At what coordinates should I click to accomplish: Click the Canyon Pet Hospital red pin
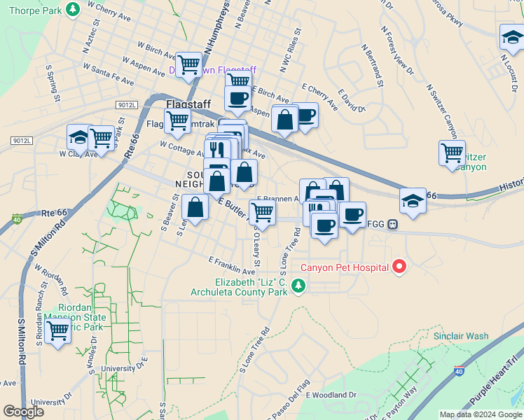point(399,267)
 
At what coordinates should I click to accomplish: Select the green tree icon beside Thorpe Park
point(72,9)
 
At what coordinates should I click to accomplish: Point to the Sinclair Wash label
point(460,336)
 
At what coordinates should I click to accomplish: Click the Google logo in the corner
point(23,412)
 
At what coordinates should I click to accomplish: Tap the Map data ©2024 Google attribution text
point(480,414)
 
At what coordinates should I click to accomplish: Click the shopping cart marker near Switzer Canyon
point(452,152)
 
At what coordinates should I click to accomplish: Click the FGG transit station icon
point(392,225)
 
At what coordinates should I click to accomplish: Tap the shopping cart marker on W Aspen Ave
point(189,64)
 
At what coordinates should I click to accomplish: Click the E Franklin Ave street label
point(233,265)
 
